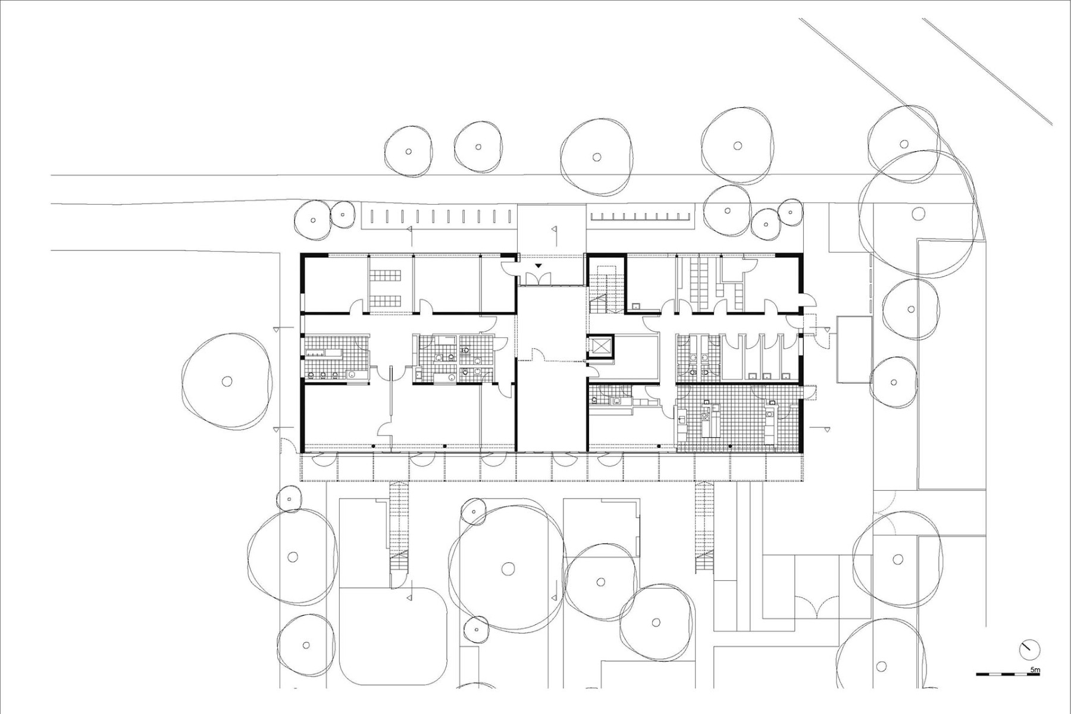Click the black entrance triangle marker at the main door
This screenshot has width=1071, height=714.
click(x=538, y=266)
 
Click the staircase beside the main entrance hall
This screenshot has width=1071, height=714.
click(x=606, y=286)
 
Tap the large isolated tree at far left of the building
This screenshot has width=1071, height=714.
click(x=227, y=381)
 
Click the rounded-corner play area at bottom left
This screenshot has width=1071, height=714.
click(x=393, y=637)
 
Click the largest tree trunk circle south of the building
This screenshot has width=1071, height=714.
click(x=507, y=568)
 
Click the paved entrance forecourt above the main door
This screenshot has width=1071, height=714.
click(x=551, y=230)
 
